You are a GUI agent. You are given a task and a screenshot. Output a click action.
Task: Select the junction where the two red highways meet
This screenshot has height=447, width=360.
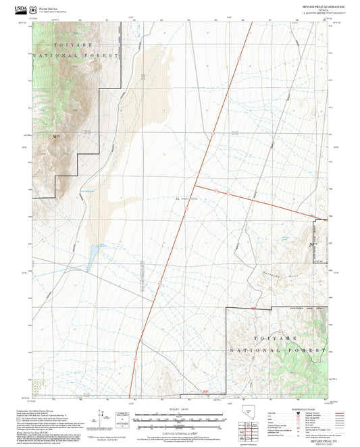pyautogui.click(x=195, y=184)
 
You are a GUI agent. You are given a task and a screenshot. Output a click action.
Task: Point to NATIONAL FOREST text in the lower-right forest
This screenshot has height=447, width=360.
pyautogui.click(x=278, y=351)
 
